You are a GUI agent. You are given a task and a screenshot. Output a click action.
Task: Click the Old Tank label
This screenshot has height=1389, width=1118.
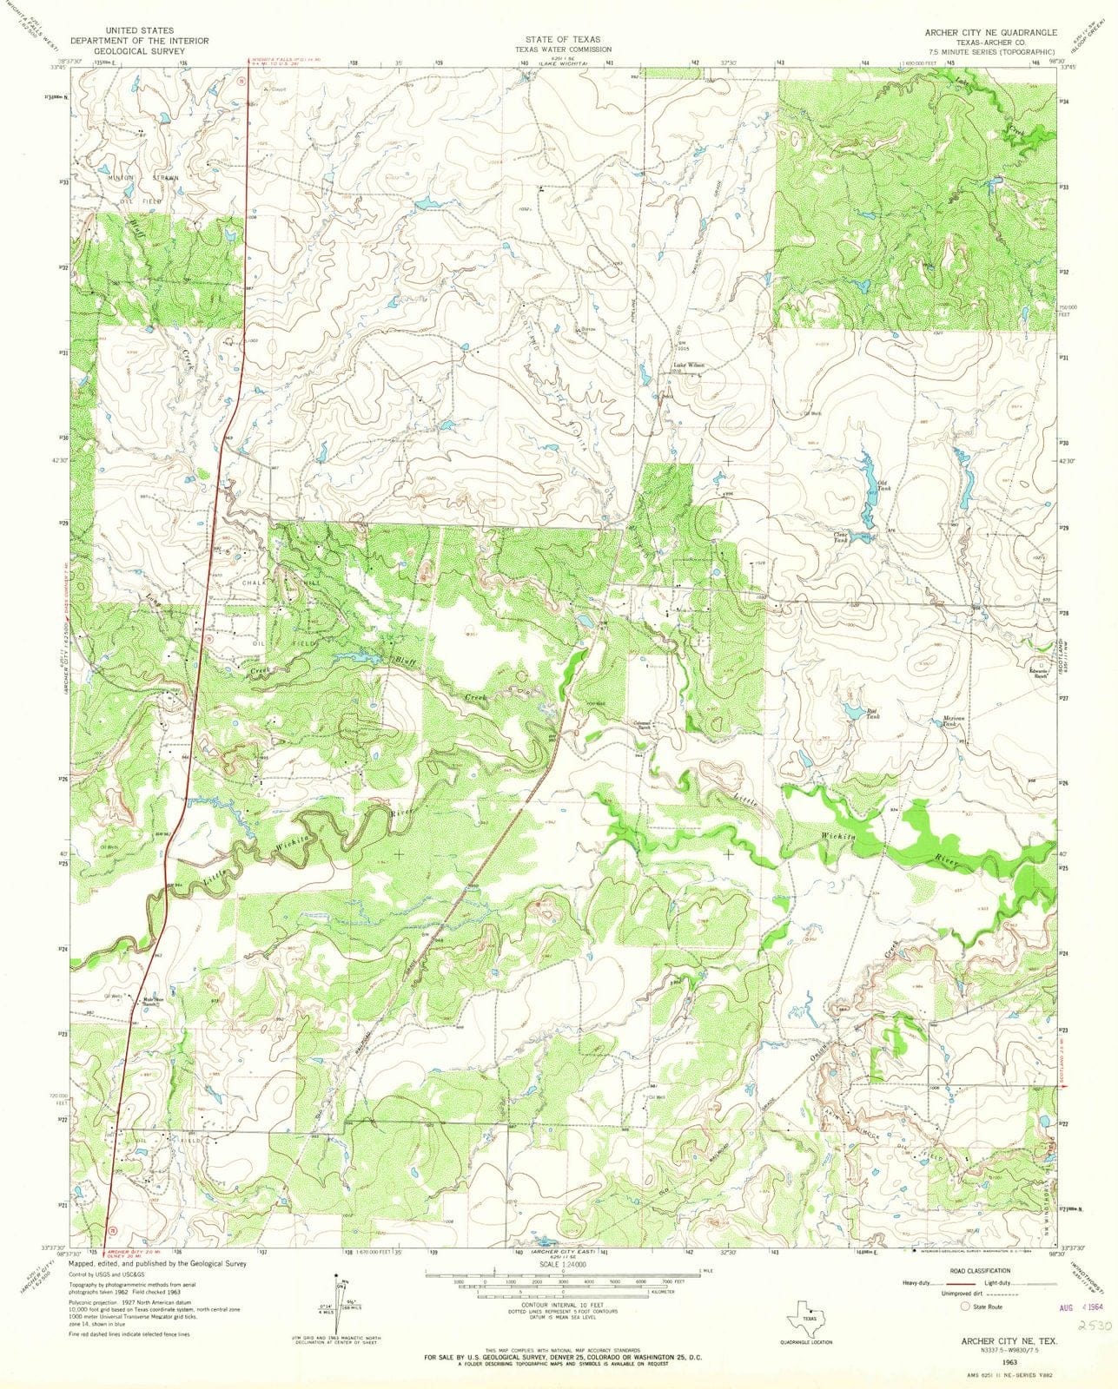click(884, 486)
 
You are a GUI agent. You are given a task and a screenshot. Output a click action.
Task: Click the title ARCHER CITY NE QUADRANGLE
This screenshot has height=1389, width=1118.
click(989, 31)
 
